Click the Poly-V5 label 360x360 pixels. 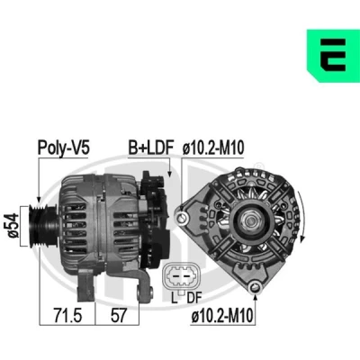64,148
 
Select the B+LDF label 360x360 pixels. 151,148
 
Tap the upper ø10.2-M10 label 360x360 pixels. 213,148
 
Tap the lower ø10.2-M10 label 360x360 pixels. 222,316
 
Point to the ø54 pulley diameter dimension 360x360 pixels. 13,226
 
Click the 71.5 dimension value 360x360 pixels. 67,316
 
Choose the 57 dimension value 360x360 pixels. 118,316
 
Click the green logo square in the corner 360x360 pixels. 333,56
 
